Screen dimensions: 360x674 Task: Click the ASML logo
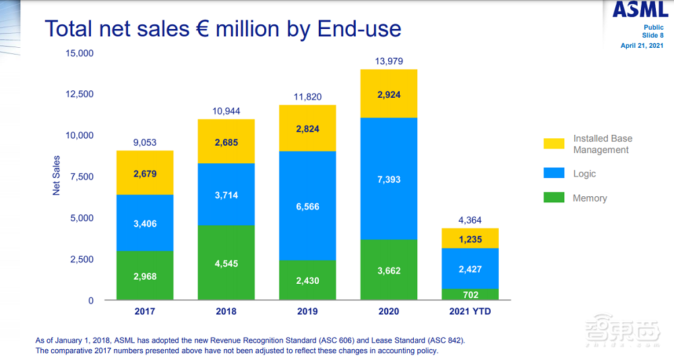pyautogui.click(x=640, y=9)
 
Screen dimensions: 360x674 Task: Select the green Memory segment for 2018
pyautogui.click(x=226, y=262)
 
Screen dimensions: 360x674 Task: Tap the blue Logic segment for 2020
pyautogui.click(x=389, y=179)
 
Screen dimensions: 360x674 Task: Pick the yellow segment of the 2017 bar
pyautogui.click(x=145, y=173)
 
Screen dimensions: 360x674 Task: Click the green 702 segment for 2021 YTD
pyautogui.click(x=470, y=295)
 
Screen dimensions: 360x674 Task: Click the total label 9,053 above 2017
pyautogui.click(x=145, y=142)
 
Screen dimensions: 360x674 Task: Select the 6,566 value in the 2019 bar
pyautogui.click(x=307, y=207)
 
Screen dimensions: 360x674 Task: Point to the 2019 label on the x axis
pyautogui.click(x=307, y=311)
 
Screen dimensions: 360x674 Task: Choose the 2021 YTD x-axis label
pyautogui.click(x=470, y=311)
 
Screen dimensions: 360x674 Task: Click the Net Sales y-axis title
pyautogui.click(x=57, y=176)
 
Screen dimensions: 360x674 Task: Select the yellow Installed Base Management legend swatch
pyautogui.click(x=553, y=144)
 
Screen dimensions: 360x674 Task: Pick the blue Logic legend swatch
pyautogui.click(x=553, y=173)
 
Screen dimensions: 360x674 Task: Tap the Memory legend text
pyautogui.click(x=590, y=198)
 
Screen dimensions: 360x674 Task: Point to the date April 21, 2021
pyautogui.click(x=642, y=46)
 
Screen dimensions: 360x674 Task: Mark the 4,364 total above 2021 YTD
pyautogui.click(x=470, y=220)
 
